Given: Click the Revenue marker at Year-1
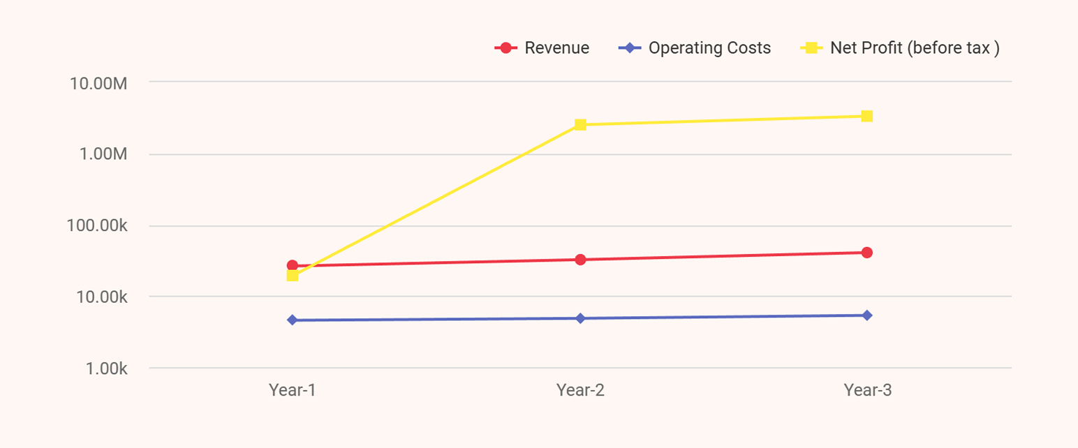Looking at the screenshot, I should click(293, 266).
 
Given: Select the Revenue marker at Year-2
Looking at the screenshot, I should click(580, 260).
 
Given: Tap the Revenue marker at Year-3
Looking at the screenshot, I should click(867, 253).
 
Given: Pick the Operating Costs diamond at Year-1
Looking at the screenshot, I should click(293, 320).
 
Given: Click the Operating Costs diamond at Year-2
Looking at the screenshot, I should click(580, 318).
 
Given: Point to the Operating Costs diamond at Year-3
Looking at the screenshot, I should click(867, 315).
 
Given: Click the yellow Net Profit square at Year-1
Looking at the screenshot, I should click(293, 276).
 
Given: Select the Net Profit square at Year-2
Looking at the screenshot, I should click(580, 125).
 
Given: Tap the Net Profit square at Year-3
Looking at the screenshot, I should click(867, 116).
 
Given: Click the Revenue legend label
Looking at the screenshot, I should click(556, 48).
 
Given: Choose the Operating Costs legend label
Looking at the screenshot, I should click(709, 48).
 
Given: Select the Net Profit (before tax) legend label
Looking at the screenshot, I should click(915, 48).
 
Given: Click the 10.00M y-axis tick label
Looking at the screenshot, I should click(98, 83).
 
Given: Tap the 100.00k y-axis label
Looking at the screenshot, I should click(98, 226).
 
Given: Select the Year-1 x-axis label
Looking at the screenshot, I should click(293, 390).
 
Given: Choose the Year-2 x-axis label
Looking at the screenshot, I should click(580, 390).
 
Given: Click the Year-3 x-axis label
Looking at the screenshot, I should click(867, 390).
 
